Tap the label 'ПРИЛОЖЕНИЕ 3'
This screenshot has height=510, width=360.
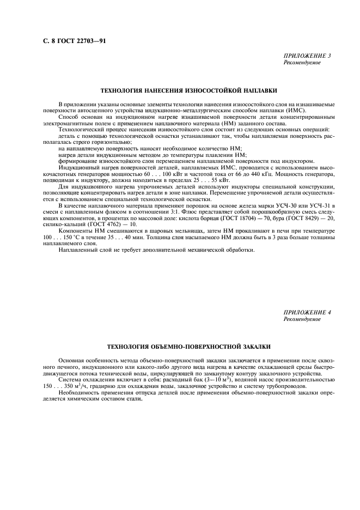pos(307,56)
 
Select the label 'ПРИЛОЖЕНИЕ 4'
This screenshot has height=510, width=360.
pos(307,312)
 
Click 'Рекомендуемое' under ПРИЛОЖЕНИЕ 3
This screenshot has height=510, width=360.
pos(302,62)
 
